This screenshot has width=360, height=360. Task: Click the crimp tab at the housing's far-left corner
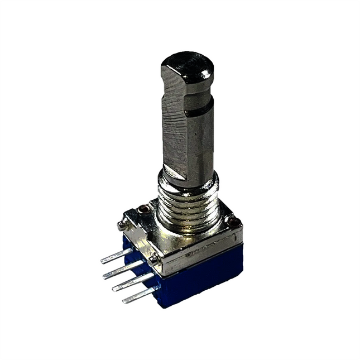[x=122, y=225]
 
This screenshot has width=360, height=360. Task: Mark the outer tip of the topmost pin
[x=103, y=261]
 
